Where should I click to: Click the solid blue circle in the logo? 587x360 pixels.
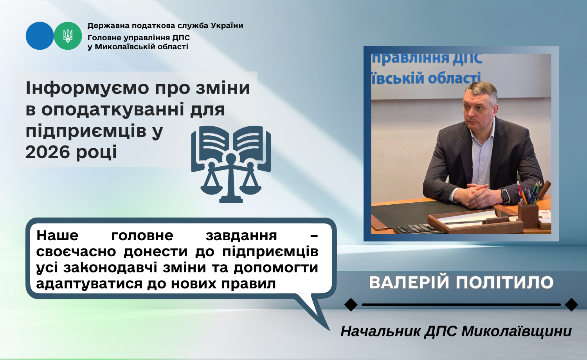coord(40,36)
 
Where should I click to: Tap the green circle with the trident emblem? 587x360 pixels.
coord(68,36)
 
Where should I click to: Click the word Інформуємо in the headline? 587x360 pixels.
coord(87,88)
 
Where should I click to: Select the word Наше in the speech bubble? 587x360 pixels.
coord(58,235)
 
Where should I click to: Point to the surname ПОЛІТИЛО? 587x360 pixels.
coord(504,283)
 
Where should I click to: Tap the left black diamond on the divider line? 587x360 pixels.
coord(351,305)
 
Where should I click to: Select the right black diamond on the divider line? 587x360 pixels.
coord(571,305)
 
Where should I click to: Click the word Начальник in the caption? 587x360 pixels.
coord(380,331)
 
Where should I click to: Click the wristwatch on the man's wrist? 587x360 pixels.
coord(504,196)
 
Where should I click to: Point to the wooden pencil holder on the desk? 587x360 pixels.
coord(528,214)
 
